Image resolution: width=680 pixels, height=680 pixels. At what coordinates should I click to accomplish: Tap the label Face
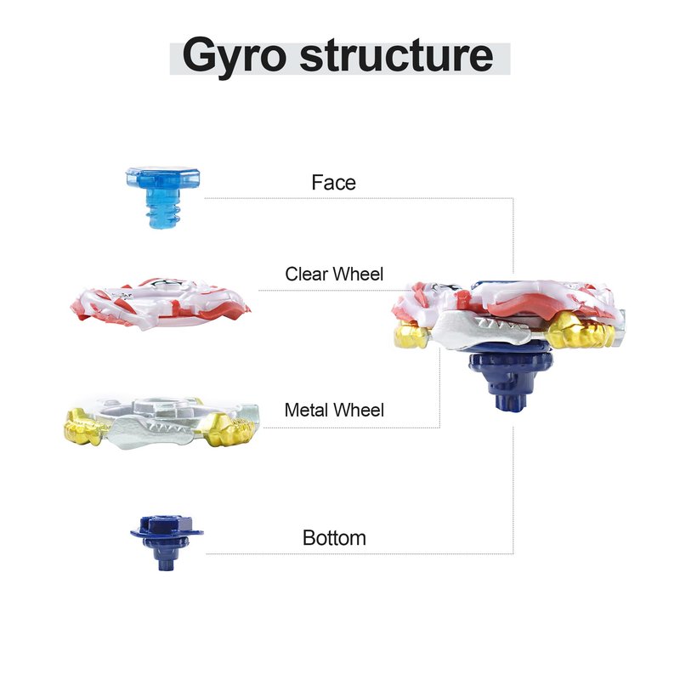pyautogui.click(x=333, y=183)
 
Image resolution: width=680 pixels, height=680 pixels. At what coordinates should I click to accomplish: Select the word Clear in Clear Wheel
pyautogui.click(x=306, y=274)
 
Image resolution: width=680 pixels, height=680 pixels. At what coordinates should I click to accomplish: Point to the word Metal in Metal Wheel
pyautogui.click(x=307, y=411)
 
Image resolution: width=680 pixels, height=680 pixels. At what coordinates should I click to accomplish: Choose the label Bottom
pyautogui.click(x=334, y=538)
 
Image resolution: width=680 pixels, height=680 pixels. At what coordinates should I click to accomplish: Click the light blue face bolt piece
pyautogui.click(x=163, y=197)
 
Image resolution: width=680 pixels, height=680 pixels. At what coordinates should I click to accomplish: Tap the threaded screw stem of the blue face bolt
pyautogui.click(x=163, y=214)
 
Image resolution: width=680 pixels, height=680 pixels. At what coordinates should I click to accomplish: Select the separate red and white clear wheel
pyautogui.click(x=161, y=303)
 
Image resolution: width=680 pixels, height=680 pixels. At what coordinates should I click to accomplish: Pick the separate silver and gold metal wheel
pyautogui.click(x=161, y=422)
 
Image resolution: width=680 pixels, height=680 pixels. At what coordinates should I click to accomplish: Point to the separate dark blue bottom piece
pyautogui.click(x=167, y=542)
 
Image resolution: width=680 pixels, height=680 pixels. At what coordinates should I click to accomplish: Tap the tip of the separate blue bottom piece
pyautogui.click(x=166, y=563)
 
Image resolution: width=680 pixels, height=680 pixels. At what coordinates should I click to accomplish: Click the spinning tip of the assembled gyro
pyautogui.click(x=512, y=402)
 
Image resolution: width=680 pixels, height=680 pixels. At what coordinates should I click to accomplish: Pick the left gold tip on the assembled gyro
pyautogui.click(x=411, y=335)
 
